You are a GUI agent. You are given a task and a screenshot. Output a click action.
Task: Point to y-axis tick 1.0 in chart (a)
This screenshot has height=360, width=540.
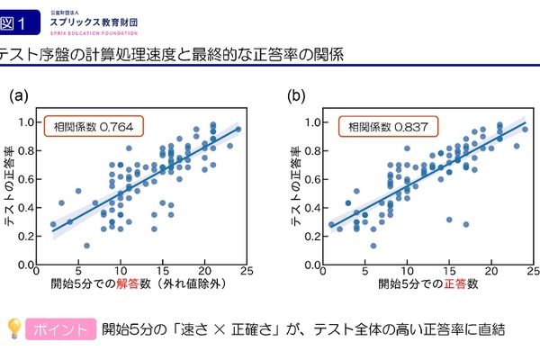click(27, 121)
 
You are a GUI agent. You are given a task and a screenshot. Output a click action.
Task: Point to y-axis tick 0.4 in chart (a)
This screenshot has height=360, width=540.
click(27, 208)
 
